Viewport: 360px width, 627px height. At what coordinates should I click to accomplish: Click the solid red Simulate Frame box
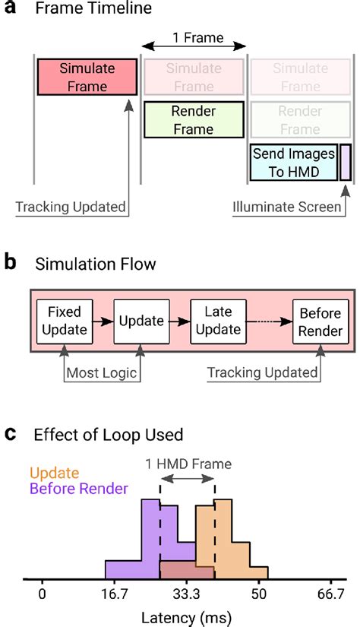(87, 76)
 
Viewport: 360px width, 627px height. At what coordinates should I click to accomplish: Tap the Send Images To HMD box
(294, 162)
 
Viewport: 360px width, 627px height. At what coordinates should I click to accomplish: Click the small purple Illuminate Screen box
(346, 162)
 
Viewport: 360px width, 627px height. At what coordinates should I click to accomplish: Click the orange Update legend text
(54, 473)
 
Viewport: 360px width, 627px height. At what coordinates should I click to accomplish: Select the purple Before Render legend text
(77, 489)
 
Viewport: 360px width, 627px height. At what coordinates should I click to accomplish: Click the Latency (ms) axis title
(187, 616)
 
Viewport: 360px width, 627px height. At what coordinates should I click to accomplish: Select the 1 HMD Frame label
(187, 462)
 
